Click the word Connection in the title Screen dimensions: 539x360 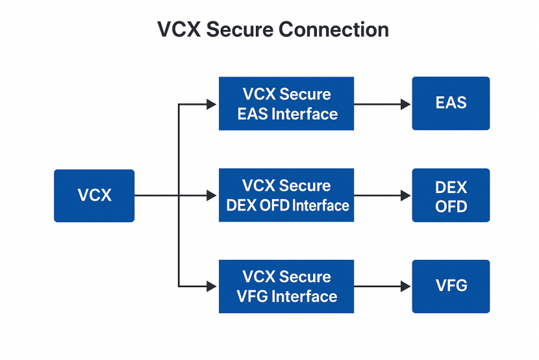pos(333,30)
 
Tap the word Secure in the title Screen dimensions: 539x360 pos(240,30)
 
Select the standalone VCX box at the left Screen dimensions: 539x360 pos(94,196)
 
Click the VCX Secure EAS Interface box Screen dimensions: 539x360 pos(286,103)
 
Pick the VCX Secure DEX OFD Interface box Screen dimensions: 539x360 pos(286,195)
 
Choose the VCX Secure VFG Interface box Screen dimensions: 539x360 pos(286,287)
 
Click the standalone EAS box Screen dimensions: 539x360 pos(451,103)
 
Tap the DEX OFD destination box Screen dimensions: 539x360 pos(451,195)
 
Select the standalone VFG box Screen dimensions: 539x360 pos(451,287)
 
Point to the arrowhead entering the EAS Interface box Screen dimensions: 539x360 pos(212,104)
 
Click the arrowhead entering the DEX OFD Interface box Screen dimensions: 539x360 pos(212,196)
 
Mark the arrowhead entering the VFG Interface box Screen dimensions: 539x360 pos(212,286)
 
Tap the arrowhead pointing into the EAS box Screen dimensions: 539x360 pos(406,104)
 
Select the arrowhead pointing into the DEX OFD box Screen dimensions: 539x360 pos(406,196)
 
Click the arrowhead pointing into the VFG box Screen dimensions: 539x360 pos(406,286)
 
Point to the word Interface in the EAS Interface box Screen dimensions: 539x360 pos(305,114)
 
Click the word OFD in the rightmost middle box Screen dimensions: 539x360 pos(451,207)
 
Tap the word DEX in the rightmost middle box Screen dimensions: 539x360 pos(451,187)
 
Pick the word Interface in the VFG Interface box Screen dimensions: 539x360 pos(305,296)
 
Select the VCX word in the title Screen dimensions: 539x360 pos(179,30)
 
